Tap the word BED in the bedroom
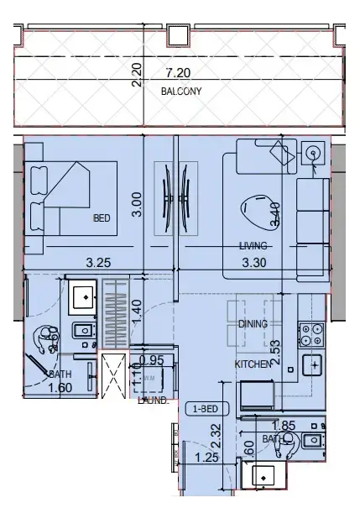click(x=102, y=218)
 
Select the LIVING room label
click(x=252, y=246)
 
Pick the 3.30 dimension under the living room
click(x=253, y=262)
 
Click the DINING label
click(x=253, y=322)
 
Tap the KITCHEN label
click(x=252, y=364)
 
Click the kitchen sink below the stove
click(x=313, y=365)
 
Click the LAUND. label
click(x=154, y=401)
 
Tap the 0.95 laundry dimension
click(x=151, y=359)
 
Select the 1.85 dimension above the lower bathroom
click(x=284, y=427)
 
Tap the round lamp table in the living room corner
click(x=313, y=153)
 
